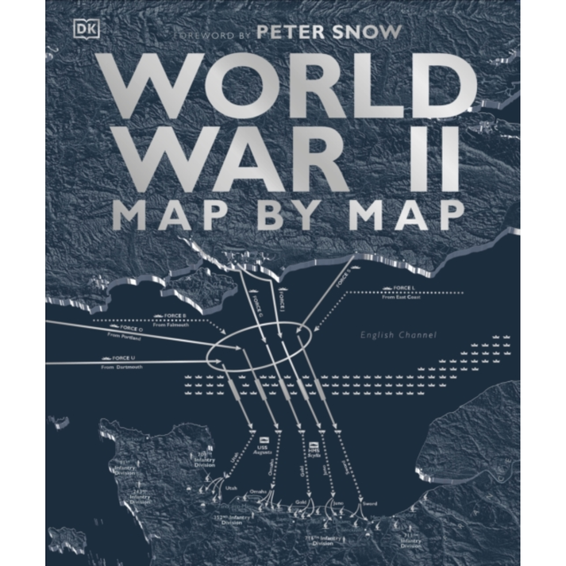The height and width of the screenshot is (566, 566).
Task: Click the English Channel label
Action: point(399,335)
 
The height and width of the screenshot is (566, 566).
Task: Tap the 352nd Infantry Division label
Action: point(234,521)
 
